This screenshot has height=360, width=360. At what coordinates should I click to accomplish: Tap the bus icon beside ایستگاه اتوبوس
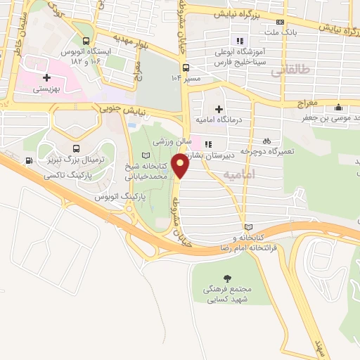point(85,41)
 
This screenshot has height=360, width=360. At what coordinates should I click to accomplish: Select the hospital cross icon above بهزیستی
point(46,77)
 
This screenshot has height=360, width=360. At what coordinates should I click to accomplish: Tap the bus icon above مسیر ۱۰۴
point(186,67)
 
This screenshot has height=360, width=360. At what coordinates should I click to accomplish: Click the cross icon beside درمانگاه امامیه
point(219,109)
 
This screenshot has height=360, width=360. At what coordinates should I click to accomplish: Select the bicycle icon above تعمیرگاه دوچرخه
point(266,141)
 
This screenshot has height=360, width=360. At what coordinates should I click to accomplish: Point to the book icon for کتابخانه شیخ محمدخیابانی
point(146,155)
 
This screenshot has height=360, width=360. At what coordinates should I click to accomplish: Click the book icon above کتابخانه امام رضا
point(247,227)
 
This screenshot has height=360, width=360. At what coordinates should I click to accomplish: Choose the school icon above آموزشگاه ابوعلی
point(239,40)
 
